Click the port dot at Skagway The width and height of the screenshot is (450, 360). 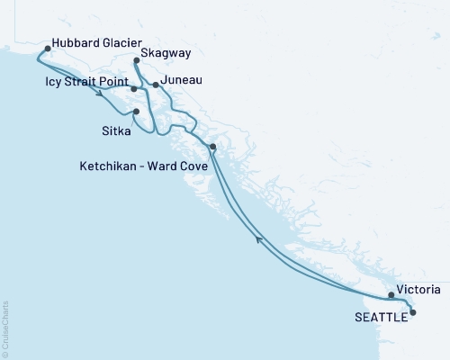[136, 61]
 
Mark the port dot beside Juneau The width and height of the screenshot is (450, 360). [156, 85]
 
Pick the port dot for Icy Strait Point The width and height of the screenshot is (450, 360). [133, 89]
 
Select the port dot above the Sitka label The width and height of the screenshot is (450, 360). [136, 112]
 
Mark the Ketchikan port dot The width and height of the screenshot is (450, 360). [212, 147]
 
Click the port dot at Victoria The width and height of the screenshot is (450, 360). [391, 295]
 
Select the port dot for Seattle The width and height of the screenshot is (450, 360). [413, 312]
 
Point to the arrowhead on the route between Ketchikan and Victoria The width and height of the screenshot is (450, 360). [260, 238]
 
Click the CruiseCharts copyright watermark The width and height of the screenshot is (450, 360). [5, 328]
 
